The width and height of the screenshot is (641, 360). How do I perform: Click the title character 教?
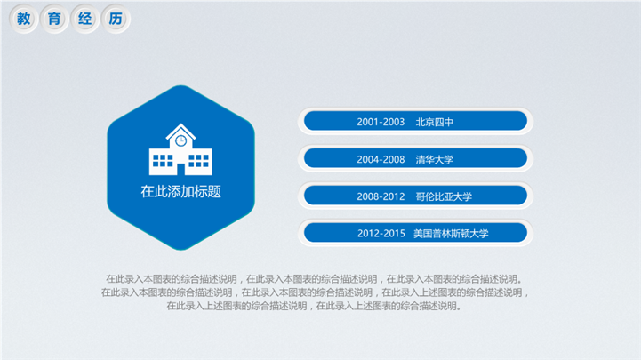pos(24,19)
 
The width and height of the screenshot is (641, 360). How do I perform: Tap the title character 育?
pos(54,19)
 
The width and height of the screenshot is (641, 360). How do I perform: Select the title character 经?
pos(85,19)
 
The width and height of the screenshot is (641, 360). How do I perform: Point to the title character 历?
pos(116,19)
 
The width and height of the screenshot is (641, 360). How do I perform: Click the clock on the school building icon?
pos(180,141)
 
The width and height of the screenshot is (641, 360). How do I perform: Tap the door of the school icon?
pos(180,169)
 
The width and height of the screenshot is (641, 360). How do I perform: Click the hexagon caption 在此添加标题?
pos(180,191)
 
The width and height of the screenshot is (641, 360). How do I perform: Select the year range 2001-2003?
pos(381,122)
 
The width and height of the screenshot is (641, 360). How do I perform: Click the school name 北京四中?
pos(435,122)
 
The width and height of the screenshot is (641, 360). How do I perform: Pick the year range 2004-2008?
pos(381,159)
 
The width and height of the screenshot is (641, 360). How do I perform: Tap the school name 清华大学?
pos(435,159)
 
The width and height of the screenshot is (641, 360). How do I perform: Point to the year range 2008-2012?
pos(381,196)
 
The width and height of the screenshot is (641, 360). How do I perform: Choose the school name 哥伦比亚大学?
pos(444,196)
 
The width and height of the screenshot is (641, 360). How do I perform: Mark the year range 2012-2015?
pos(381,233)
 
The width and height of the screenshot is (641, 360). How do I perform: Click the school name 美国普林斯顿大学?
pos(451,233)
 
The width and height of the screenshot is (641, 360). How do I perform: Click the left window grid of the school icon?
pos(163,161)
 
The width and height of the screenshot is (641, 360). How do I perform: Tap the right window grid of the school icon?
pos(198,161)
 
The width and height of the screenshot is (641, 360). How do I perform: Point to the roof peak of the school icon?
pos(180,124)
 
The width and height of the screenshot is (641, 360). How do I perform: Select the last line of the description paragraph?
pos(314,306)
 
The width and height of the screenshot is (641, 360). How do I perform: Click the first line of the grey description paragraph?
pos(314,279)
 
